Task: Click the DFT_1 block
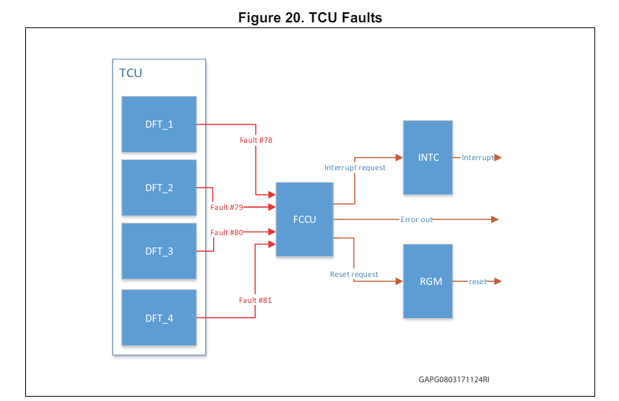point(159,124)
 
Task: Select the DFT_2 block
point(159,188)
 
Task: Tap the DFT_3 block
point(159,251)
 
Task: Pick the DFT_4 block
point(159,317)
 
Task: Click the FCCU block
point(304,219)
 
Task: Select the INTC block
point(428,157)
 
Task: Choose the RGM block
point(428,281)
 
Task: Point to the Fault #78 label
point(256,139)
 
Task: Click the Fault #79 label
point(227,207)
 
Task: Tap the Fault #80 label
point(227,232)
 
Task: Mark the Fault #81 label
point(256,299)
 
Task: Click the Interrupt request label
point(355,167)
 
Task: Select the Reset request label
point(354,274)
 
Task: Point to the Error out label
point(417,219)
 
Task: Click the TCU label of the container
point(130,73)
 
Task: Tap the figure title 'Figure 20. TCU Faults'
point(310,19)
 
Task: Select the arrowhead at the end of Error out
point(495,219)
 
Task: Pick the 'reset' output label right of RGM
point(477,281)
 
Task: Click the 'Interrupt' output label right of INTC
point(478,157)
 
